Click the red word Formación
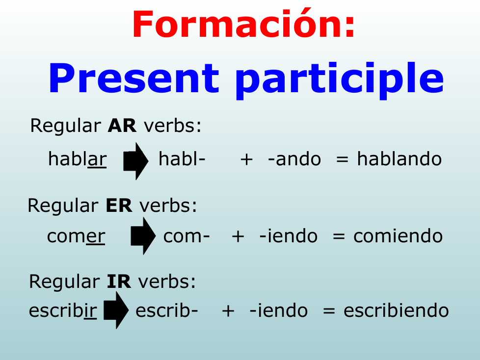pos(243,24)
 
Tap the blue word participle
pos(340,80)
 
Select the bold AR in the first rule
pos(122,126)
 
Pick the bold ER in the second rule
pos(119,205)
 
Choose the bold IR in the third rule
pos(119,282)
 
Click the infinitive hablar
pos(78,159)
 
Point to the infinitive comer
pos(76,236)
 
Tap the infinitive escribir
pos(63,310)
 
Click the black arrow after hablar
pos(135,161)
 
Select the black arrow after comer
pos(143,236)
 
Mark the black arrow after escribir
pos(116,310)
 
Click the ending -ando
pos(294,159)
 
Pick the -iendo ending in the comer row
pos(289,236)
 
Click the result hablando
pos(399,159)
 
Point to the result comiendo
pos(398,236)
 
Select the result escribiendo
pos(396,310)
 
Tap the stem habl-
pos(182,159)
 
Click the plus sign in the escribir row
pos(228,311)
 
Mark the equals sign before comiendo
pos(339,236)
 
